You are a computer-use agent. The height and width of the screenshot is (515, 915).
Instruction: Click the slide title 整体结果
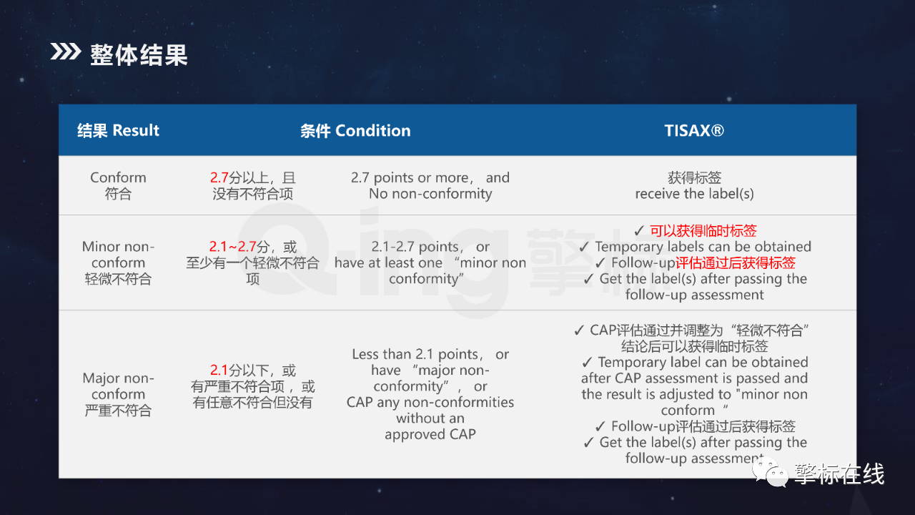pos(139,55)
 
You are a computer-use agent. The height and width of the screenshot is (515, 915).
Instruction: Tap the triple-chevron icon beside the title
pos(65,51)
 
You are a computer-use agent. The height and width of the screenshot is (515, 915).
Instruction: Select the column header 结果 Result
pos(118,130)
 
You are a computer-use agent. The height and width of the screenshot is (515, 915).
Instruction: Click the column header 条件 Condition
pos(355,131)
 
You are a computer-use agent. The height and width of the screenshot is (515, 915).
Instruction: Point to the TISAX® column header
pos(694,131)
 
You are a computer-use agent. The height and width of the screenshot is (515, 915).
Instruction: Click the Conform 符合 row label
pos(118,185)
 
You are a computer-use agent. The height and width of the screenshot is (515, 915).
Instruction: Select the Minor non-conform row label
pos(118,263)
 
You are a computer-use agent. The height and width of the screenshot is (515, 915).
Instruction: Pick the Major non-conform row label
pos(118,394)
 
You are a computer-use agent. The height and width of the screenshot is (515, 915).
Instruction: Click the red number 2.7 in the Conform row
pos(219,178)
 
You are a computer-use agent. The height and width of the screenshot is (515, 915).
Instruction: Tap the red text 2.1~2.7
pos(233,247)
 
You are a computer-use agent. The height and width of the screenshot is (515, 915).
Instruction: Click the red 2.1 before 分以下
pos(219,371)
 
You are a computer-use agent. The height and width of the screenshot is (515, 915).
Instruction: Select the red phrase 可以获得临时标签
pos(703,231)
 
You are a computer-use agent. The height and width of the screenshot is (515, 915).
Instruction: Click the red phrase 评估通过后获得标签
pos(736,263)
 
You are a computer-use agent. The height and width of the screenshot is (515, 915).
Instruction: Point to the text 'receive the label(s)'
pos(694,194)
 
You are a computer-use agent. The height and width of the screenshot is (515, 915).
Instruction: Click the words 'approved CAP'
pos(430,434)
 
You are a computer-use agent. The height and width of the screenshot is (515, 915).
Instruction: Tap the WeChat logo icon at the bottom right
pos(771,472)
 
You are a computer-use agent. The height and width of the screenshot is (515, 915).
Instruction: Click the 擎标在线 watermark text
pos(839,474)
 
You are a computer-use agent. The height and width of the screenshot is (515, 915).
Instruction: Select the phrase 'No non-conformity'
pos(430,194)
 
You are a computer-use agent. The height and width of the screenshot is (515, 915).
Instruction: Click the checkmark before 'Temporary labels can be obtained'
pos(584,247)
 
